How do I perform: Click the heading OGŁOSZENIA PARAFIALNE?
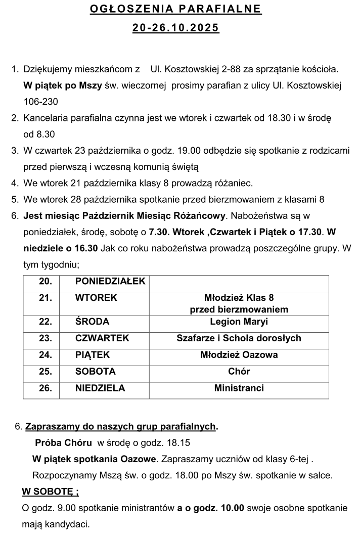point(176,9)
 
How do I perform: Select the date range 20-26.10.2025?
point(176,29)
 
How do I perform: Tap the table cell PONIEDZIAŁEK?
point(110,282)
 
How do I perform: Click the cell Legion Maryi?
point(239,322)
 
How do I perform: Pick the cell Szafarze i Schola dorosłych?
point(239,338)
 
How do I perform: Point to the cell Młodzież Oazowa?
point(239,355)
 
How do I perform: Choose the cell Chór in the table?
point(239,372)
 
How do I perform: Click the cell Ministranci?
point(239,388)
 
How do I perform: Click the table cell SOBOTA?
point(95,372)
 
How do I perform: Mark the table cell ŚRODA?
point(92,322)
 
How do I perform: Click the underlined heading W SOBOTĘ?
point(50,491)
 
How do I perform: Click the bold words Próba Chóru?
point(63,443)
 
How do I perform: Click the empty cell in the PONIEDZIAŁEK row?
point(239,282)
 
